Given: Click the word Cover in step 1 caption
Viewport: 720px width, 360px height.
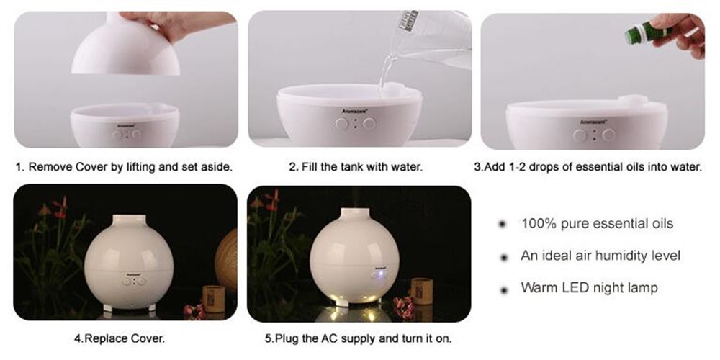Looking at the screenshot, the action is tap(90, 167).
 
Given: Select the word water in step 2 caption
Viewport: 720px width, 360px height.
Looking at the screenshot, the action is tap(407, 167).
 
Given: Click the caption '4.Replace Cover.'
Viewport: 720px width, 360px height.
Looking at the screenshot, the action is tap(120, 339).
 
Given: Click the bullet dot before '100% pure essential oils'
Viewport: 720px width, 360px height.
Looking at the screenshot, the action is tap(503, 224).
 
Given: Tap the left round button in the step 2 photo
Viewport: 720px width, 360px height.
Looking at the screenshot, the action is tap(341, 124).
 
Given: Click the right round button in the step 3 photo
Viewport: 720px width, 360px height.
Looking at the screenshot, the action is tap(609, 135).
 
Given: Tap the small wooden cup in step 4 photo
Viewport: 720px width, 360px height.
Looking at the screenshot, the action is tap(214, 299).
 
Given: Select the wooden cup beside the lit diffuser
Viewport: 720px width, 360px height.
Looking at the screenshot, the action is tap(421, 291).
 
